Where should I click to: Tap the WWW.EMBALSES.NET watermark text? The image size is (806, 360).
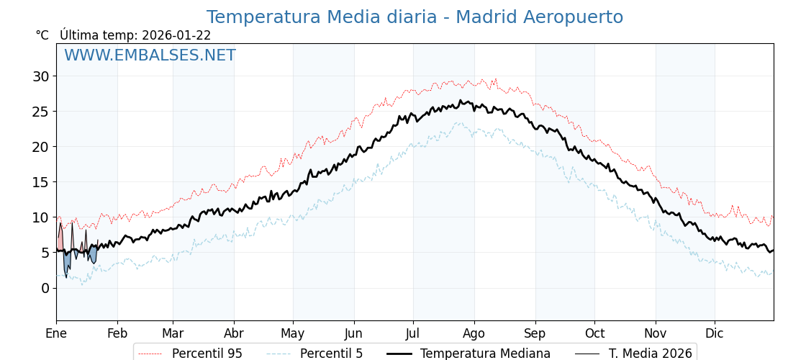coord(150,55)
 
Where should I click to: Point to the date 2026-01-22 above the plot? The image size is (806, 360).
coord(176,35)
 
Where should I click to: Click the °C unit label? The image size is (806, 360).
coord(42,35)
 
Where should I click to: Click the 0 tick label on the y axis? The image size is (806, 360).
coord(45,288)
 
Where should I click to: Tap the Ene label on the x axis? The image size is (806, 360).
coord(56,333)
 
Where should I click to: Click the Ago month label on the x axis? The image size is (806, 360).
coord(474,333)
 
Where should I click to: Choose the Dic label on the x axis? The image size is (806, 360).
coord(715,333)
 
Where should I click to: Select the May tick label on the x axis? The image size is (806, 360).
coord(293,333)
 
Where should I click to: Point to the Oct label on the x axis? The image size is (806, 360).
coord(594,333)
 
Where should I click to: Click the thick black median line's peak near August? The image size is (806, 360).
coord(461,101)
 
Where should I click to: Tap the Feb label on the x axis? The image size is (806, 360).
coord(117,333)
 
